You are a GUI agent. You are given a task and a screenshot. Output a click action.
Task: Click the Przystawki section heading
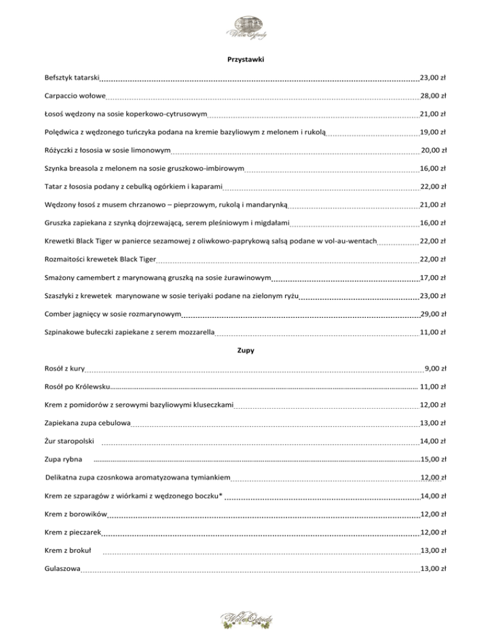[246, 60]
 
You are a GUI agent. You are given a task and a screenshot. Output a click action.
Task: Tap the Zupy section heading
[246, 351]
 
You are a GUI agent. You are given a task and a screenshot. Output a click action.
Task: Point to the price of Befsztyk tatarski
[433, 78]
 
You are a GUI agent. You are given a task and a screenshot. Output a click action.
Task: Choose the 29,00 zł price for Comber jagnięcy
[433, 315]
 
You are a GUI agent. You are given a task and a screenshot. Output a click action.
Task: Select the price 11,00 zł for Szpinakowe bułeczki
[433, 333]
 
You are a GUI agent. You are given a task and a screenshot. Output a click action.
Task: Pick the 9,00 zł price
[436, 369]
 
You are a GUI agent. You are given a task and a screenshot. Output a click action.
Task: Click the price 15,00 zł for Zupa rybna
[433, 460]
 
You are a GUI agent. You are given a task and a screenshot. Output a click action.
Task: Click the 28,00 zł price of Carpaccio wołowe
[433, 96]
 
